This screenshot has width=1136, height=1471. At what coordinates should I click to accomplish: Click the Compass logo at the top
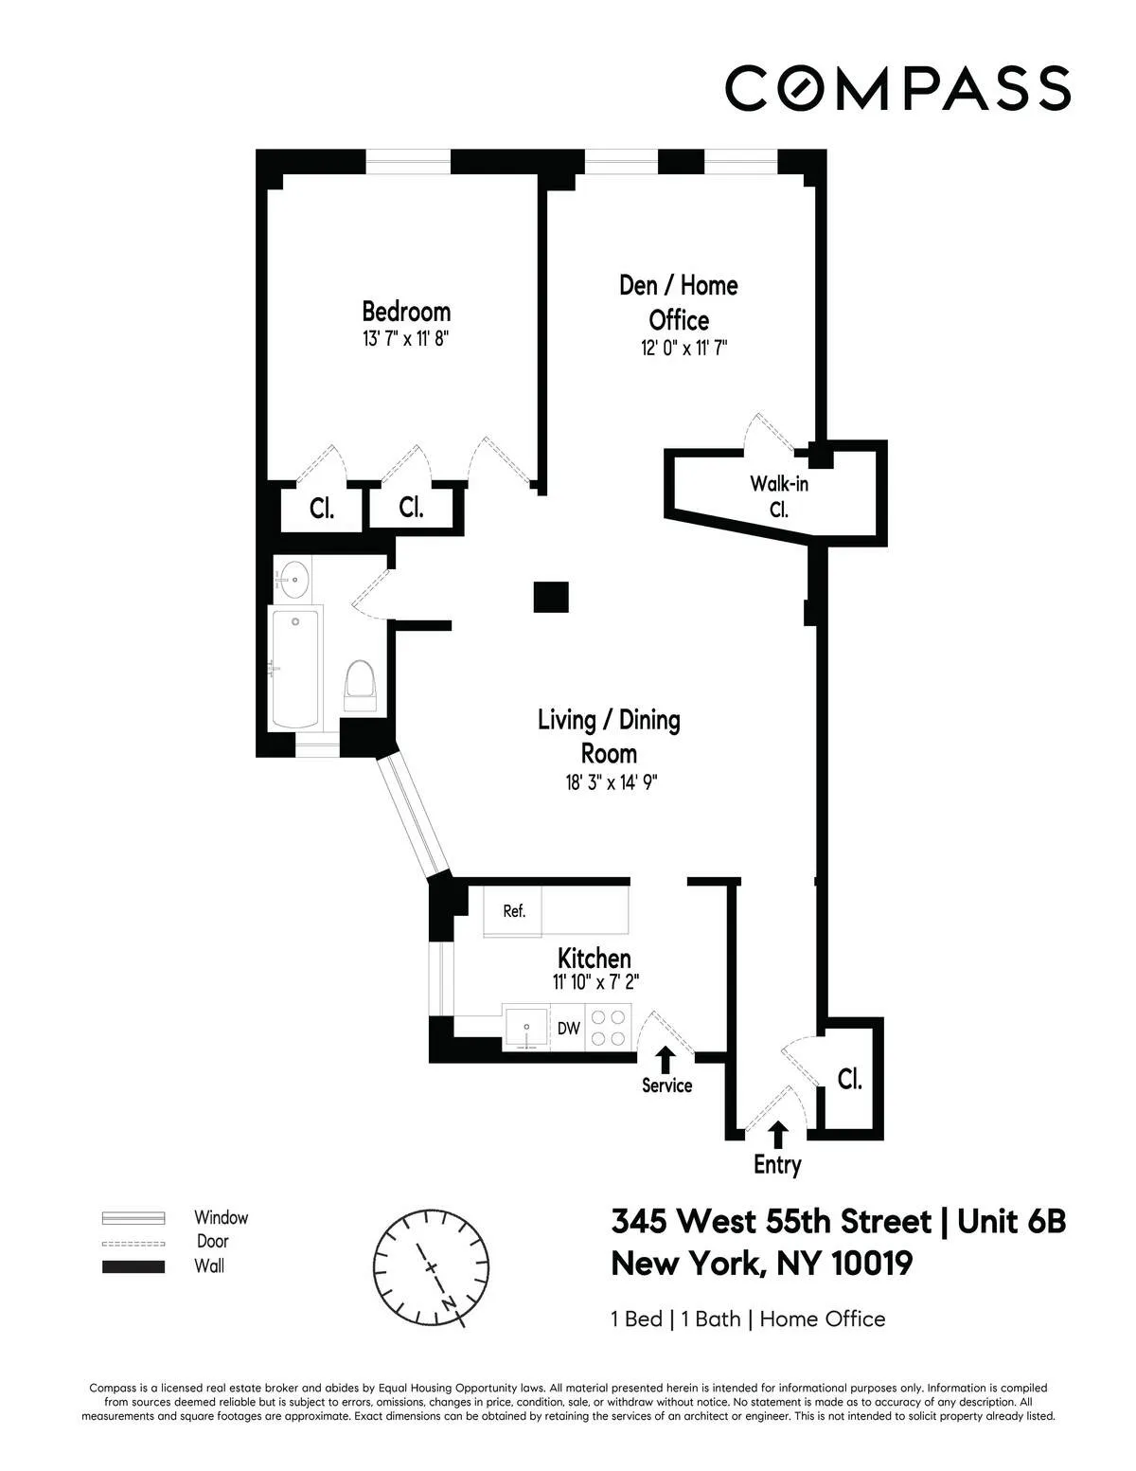(897, 87)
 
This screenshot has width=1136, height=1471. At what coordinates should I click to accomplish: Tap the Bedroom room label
(406, 311)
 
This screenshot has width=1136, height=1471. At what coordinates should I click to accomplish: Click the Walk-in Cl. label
(779, 495)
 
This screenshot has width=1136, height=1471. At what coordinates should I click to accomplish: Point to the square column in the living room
(550, 597)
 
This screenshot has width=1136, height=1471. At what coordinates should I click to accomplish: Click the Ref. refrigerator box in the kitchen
(513, 911)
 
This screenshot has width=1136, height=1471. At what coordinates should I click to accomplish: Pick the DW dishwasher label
(568, 1028)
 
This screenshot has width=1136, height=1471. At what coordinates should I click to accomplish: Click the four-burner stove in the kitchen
(608, 1028)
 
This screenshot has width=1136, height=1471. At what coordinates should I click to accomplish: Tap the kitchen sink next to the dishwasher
(526, 1028)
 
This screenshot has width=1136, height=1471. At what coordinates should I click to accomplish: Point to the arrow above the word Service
(666, 1058)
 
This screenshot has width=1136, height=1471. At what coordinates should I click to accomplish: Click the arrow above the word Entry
(778, 1133)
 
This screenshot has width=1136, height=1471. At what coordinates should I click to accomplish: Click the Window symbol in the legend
(133, 1218)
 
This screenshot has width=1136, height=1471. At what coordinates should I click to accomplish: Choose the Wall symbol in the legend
(133, 1266)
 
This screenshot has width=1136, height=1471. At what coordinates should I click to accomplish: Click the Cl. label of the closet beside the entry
(850, 1079)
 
